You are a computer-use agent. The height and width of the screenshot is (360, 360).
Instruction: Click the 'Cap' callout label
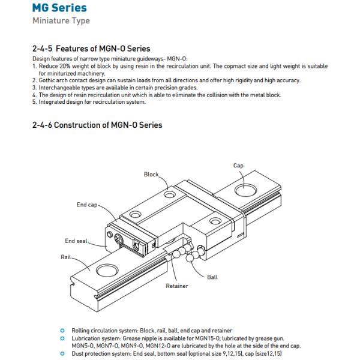click(238, 165)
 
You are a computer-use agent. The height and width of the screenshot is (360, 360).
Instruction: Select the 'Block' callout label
click(151, 174)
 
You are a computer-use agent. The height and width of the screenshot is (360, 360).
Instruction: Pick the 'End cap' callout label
click(86, 205)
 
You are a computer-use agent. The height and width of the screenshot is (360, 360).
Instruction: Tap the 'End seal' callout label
click(76, 241)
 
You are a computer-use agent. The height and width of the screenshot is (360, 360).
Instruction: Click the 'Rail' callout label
click(67, 256)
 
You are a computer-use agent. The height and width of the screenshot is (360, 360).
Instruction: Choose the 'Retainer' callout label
click(178, 286)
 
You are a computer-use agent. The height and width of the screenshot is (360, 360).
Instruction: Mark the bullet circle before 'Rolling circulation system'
click(63, 331)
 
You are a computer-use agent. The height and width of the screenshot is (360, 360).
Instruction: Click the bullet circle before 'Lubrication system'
click(63, 338)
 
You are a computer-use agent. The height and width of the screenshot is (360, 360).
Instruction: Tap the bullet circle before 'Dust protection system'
click(63, 352)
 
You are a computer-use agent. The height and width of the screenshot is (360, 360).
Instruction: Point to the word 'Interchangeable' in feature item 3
click(57, 88)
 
